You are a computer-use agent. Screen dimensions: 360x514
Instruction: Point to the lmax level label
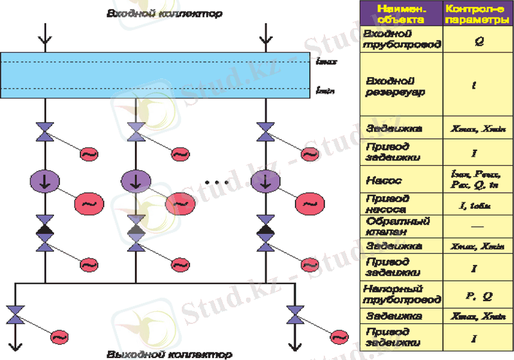323,62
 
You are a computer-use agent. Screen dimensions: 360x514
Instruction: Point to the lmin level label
323,91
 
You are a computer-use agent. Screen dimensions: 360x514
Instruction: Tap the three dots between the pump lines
217,183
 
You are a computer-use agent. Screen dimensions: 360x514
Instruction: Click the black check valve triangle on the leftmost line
45,229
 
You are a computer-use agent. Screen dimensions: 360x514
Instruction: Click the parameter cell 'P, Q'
477,296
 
